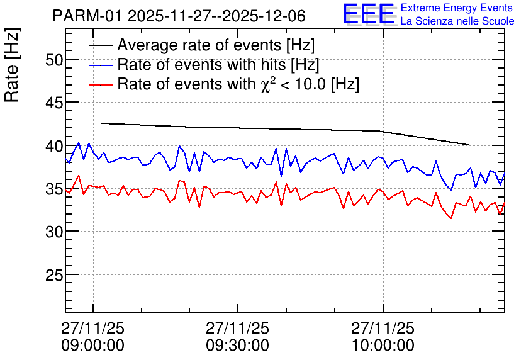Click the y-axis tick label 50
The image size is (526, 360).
(54, 60)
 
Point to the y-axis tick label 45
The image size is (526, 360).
(54, 104)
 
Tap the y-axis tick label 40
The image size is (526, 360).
(54, 147)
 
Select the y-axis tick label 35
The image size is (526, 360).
(54, 189)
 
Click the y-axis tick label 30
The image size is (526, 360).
(54, 232)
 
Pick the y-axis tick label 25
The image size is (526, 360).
(54, 276)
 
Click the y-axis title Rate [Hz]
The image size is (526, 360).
(12, 65)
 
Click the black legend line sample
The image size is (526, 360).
(101, 45)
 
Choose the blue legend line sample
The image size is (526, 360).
(101, 65)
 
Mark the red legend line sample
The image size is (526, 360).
(101, 84)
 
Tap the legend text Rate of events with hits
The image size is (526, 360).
(201, 65)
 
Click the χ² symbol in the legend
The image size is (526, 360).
(268, 84)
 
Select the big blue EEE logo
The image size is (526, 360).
(369, 14)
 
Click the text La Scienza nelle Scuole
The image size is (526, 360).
(457, 21)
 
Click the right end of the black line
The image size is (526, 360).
(469, 145)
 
